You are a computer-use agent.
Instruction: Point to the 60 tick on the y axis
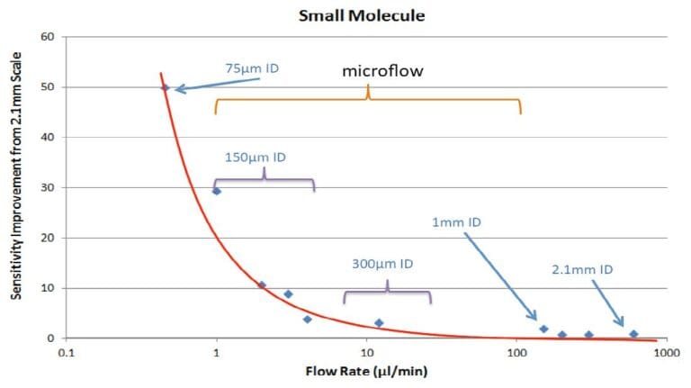click(x=48, y=37)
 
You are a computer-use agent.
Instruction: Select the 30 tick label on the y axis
click(x=48, y=188)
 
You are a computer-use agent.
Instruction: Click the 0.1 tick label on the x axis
click(x=66, y=354)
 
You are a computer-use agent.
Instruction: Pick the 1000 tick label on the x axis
click(x=666, y=354)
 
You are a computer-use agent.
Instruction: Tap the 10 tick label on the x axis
click(x=366, y=354)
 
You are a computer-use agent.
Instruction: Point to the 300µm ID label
click(x=382, y=264)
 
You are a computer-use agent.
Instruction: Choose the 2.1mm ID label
click(x=582, y=269)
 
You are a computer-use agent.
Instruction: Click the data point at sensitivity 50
click(x=165, y=87)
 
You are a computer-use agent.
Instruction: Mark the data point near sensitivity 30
click(x=216, y=191)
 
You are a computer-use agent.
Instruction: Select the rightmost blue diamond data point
click(x=633, y=334)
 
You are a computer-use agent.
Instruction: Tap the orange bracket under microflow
click(x=367, y=100)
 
